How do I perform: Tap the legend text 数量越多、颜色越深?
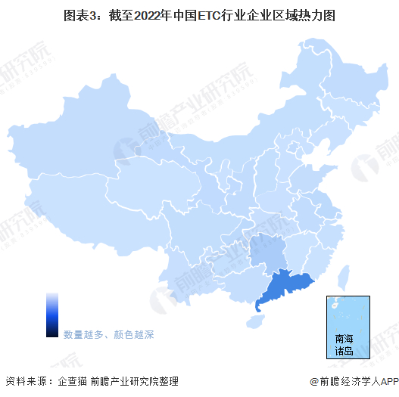[108, 333]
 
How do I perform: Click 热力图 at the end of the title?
[316, 14]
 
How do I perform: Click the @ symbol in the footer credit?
[313, 381]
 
